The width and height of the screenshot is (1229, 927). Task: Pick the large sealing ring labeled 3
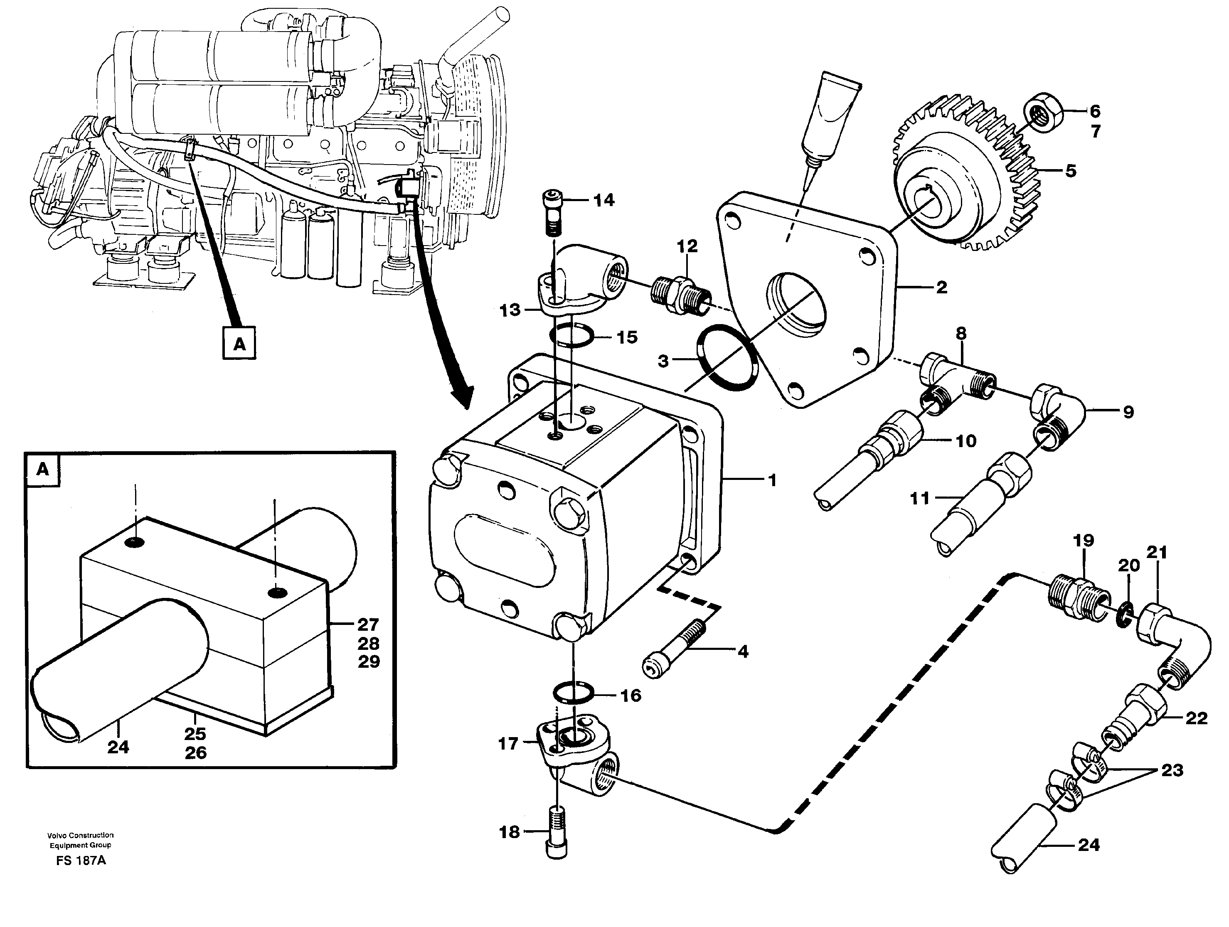(x=728, y=357)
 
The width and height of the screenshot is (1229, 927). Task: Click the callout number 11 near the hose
(x=919, y=498)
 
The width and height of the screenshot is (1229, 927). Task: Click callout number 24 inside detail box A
(x=118, y=747)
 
